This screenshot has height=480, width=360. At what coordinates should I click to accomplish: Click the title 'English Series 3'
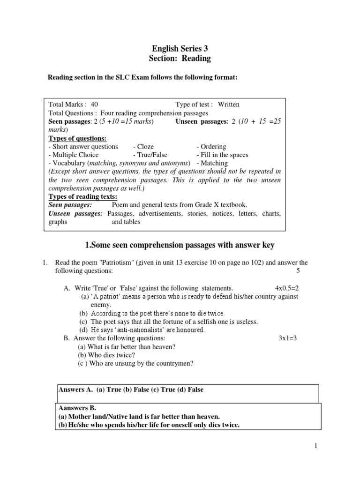pos(180,48)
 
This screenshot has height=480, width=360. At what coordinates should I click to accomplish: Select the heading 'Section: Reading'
pos(180,59)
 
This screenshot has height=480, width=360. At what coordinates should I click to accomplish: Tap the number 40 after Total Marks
pos(94,105)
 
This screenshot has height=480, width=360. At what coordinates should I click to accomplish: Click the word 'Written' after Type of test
pos(228,105)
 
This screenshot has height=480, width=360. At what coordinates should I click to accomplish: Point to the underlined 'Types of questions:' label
pos(78,138)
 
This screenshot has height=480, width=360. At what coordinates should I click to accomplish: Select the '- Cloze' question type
pos(143,147)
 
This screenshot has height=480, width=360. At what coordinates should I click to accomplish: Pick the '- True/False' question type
pos(150,155)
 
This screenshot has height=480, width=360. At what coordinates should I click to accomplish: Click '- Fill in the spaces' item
pos(222,155)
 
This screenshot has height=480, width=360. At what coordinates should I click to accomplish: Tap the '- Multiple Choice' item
pos(74,155)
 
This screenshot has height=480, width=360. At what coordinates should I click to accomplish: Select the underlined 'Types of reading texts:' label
pos(83,196)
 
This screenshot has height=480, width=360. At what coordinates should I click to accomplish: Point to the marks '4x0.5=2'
pos(286,288)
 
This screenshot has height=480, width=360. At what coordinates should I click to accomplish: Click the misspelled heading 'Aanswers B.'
pos(77,408)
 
